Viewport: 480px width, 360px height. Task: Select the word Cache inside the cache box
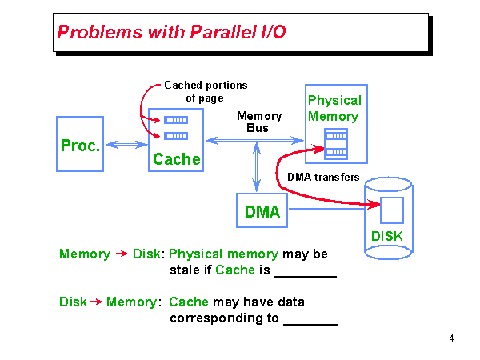pos(176,159)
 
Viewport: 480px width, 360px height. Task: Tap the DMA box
pos(262,212)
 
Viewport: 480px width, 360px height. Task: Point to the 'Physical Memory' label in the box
pos(334,109)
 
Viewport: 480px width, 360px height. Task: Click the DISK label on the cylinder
pos(387,237)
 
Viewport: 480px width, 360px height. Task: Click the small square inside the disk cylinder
pos(391,210)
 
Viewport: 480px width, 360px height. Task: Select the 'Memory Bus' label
pos(258,122)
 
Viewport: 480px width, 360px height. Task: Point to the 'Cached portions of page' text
pos(206,91)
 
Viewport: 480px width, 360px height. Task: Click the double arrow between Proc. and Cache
pos(126,144)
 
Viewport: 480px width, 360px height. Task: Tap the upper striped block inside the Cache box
pos(175,120)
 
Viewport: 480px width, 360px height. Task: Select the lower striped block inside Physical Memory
pos(335,152)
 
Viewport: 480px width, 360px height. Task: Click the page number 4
pos(451,338)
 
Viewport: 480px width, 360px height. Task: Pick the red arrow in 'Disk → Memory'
pos(94,302)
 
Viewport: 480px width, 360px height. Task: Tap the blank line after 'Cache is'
pos(305,275)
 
